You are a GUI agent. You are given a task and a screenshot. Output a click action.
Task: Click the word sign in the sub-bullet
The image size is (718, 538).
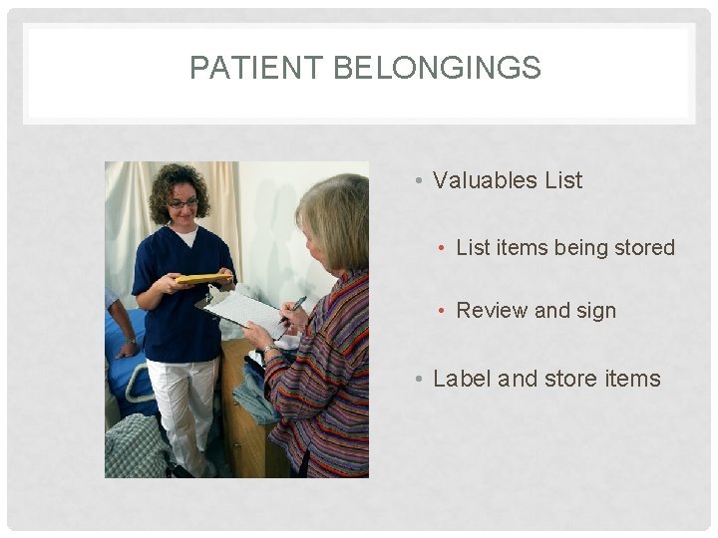click(x=596, y=311)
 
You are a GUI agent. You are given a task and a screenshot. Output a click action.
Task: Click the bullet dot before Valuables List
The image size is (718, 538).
click(x=421, y=181)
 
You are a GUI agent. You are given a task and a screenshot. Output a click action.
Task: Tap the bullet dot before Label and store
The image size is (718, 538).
click(x=421, y=380)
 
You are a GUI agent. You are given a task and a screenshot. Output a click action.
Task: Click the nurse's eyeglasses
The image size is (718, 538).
click(x=183, y=203)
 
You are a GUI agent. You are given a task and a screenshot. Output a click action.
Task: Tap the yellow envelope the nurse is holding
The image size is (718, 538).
click(x=203, y=279)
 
